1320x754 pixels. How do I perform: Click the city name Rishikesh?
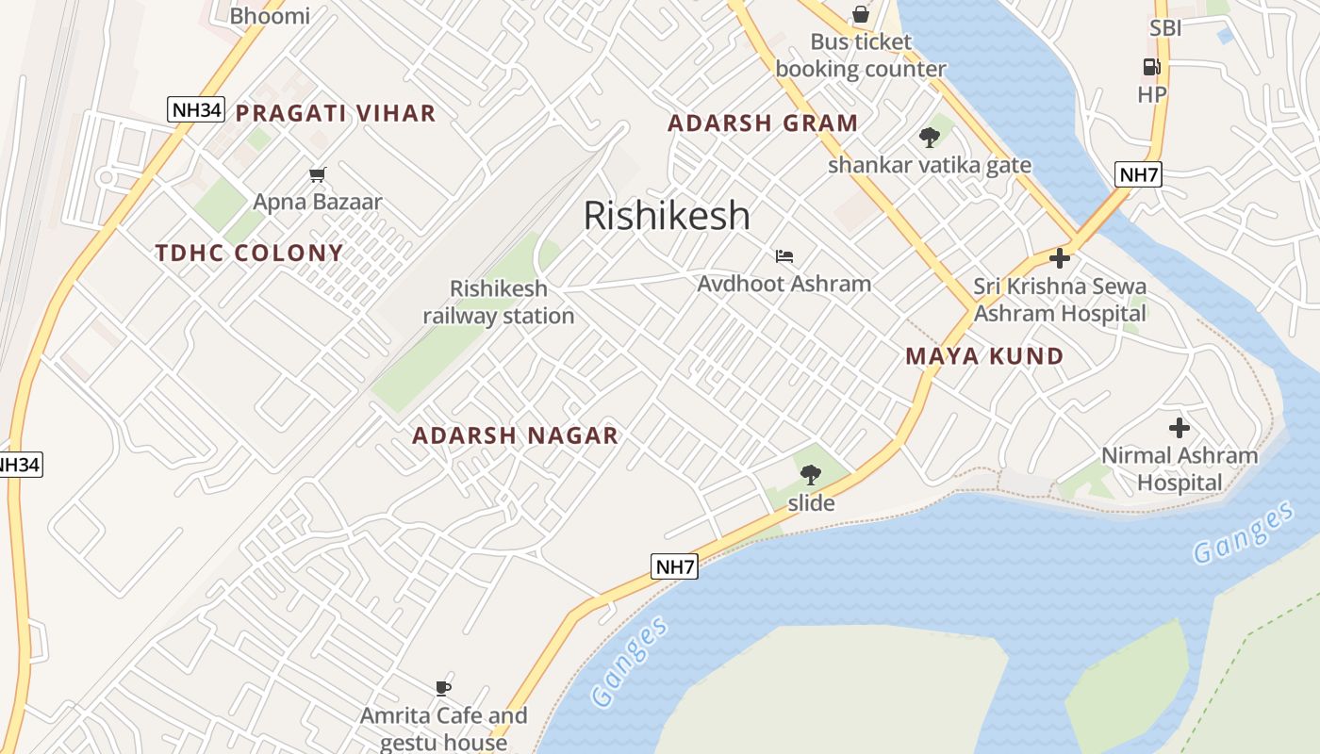tap(667, 216)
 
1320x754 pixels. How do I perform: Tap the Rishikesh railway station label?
tap(498, 303)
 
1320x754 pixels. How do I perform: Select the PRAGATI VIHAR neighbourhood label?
tap(336, 114)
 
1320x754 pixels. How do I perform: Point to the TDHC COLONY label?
tap(250, 253)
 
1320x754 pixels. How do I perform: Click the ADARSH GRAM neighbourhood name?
tap(763, 123)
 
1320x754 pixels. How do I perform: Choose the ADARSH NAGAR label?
tap(516, 435)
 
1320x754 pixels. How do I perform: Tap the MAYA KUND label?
tap(984, 356)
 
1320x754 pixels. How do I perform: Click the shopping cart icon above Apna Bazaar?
tap(318, 174)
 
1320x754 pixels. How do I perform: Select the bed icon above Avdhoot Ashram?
tap(784, 255)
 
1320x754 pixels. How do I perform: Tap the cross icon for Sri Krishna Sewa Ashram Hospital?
tap(1060, 257)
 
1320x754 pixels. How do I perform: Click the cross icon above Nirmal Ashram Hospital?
tap(1179, 428)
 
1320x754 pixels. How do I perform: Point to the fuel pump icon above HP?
tap(1151, 66)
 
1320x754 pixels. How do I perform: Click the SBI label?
tap(1165, 28)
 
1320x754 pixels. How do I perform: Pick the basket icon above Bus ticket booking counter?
tap(861, 14)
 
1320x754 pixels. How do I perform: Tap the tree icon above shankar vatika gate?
tap(930, 138)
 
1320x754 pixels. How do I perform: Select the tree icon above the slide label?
tap(810, 475)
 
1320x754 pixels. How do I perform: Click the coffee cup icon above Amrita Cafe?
tap(443, 688)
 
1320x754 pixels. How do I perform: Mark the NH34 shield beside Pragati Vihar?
tap(196, 109)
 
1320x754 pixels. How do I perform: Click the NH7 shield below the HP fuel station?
tap(1138, 173)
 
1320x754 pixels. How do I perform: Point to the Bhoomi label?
tap(270, 15)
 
